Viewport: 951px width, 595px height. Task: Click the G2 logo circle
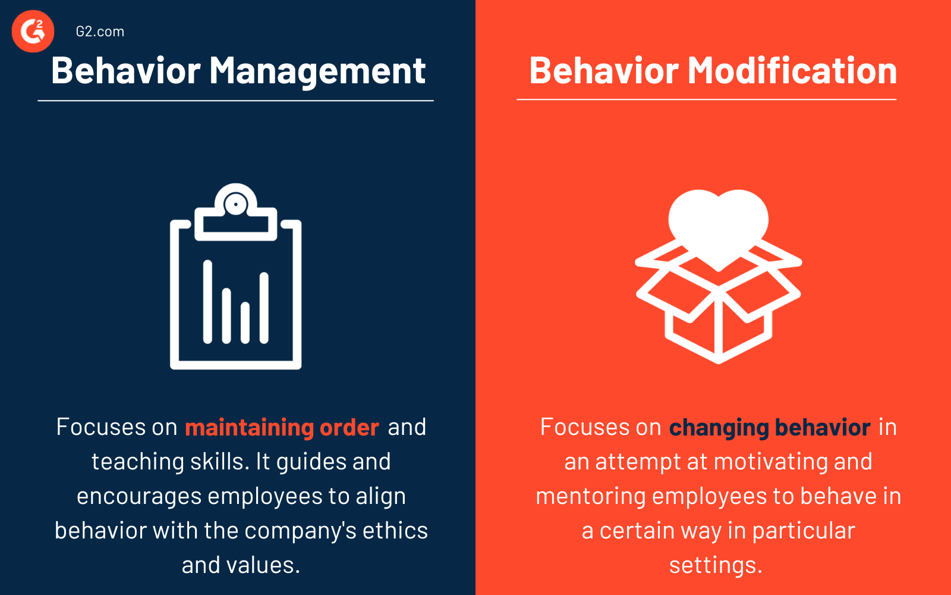[x=33, y=32]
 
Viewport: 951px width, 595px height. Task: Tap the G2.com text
[x=100, y=32]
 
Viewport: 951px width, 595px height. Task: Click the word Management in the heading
[x=317, y=71]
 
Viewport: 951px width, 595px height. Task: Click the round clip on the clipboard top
[x=236, y=205]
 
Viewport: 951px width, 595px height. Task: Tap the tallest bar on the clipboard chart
[x=207, y=302]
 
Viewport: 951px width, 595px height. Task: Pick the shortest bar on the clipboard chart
[x=245, y=322]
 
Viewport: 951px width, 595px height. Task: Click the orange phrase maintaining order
[x=282, y=427]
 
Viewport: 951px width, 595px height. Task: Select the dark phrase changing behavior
[x=770, y=427]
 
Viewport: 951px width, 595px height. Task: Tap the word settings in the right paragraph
[x=715, y=565]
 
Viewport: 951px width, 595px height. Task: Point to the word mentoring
[x=590, y=496]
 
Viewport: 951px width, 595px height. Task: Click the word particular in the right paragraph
[x=803, y=531]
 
